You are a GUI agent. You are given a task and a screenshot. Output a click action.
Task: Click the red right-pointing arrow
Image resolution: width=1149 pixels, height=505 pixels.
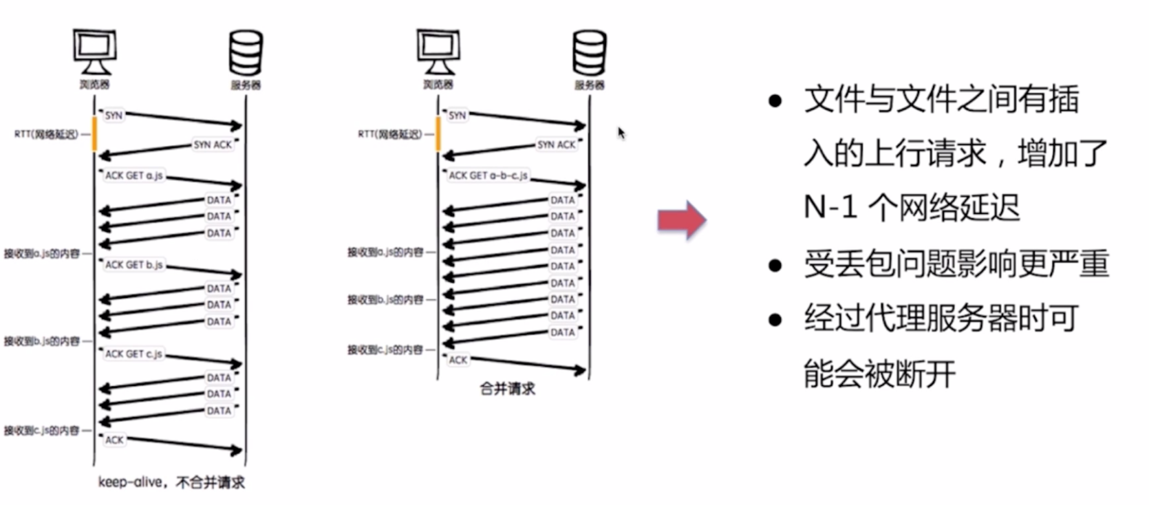pyautogui.click(x=681, y=219)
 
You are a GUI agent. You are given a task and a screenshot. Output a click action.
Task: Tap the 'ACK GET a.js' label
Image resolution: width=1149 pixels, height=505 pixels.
pyautogui.click(x=134, y=175)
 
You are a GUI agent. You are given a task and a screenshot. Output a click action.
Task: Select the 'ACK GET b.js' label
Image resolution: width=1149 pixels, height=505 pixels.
pyautogui.click(x=134, y=265)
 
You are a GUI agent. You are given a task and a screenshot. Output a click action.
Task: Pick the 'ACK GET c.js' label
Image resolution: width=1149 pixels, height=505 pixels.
pyautogui.click(x=134, y=354)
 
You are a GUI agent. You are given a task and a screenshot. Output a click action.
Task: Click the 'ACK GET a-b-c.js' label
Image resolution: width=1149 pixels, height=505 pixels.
pyautogui.click(x=488, y=175)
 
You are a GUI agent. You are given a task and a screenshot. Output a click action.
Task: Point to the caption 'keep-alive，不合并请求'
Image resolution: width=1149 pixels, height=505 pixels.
pyautogui.click(x=171, y=482)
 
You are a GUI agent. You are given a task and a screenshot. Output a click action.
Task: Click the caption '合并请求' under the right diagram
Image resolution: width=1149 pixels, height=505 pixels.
pyautogui.click(x=508, y=389)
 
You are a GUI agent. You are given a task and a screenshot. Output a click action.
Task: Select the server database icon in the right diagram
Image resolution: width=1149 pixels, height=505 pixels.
pyautogui.click(x=590, y=52)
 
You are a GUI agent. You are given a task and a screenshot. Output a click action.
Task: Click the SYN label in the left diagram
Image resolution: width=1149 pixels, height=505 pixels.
pyautogui.click(x=114, y=116)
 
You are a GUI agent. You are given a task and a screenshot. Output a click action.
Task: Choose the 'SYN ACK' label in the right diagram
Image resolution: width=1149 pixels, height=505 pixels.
pyautogui.click(x=557, y=144)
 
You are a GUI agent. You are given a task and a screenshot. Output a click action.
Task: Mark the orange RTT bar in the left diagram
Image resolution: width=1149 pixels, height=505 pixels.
pyautogui.click(x=95, y=133)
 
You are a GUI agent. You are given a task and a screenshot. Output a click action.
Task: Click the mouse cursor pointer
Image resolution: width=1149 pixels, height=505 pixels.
pyautogui.click(x=621, y=132)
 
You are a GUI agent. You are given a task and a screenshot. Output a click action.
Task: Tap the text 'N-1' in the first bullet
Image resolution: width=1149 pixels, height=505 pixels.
pyautogui.click(x=830, y=206)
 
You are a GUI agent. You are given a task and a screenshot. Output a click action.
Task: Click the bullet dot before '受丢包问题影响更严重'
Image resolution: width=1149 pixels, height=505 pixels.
pyautogui.click(x=775, y=266)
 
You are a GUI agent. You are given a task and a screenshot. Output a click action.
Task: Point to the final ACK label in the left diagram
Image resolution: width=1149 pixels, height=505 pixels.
pyautogui.click(x=114, y=440)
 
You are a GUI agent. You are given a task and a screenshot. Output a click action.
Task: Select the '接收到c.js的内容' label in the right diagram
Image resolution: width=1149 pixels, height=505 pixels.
pyautogui.click(x=385, y=350)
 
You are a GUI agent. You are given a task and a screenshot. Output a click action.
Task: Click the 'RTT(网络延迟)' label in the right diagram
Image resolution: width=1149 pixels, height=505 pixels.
pyautogui.click(x=389, y=134)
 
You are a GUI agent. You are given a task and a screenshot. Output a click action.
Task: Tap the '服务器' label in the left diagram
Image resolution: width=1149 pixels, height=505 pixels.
pyautogui.click(x=246, y=85)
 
